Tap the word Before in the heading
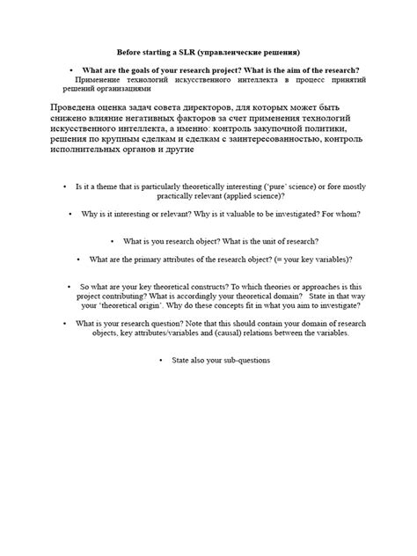click(x=131, y=53)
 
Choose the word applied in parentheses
click(x=221, y=197)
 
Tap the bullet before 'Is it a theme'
click(x=66, y=187)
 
